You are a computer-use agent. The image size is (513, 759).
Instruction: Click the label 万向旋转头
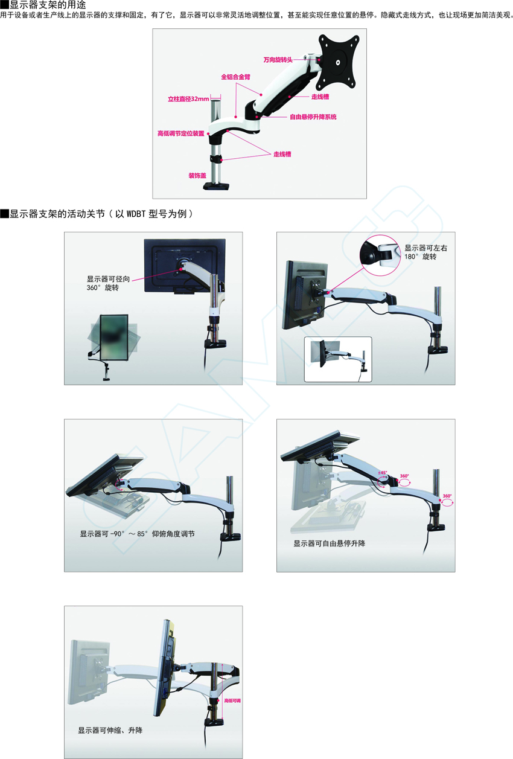coord(278,60)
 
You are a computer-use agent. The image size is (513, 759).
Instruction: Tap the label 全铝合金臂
coord(235,77)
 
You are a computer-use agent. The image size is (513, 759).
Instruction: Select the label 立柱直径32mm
coord(188,99)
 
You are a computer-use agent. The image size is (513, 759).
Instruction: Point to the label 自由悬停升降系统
coord(313,117)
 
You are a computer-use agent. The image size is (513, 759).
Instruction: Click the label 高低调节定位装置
coord(180,133)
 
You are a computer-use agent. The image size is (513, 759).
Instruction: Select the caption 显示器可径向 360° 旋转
coord(108,283)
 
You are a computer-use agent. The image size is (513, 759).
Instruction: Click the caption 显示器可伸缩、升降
coord(110,730)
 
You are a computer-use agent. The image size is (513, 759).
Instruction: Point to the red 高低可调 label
coord(232,701)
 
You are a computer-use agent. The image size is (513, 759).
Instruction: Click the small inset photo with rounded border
coord(338,359)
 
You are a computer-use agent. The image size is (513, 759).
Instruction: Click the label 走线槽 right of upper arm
coord(320,97)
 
